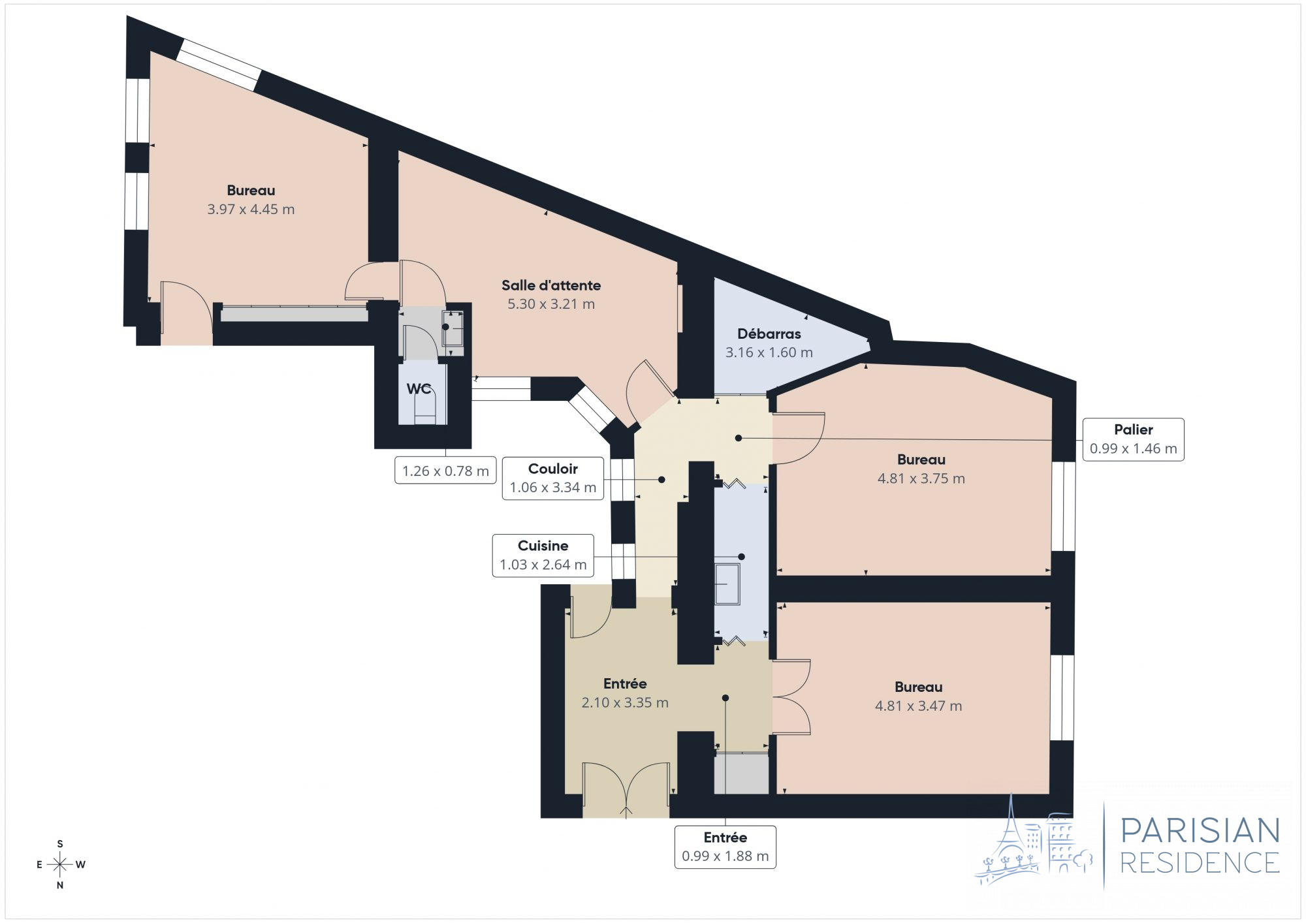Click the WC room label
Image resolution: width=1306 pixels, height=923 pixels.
pos(419,389)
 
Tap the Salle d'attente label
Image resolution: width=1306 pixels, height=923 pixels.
pos(551,285)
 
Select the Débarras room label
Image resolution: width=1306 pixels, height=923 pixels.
pos(769,334)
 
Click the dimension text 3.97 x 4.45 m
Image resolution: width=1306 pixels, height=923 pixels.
pos(251,210)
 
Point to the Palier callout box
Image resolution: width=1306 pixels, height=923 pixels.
pos(1133,439)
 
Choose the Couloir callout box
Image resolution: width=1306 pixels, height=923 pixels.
pos(552,478)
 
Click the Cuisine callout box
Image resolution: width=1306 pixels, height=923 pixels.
pos(543,555)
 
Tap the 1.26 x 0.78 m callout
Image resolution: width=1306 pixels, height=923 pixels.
pos(445,471)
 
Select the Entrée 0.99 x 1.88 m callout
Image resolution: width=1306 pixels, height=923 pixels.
pos(725,847)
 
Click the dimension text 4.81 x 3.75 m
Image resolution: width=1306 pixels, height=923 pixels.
pos(921,478)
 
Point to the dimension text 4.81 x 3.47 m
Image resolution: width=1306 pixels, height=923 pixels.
pos(918,706)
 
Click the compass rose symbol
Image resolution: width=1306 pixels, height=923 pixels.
pos(60,865)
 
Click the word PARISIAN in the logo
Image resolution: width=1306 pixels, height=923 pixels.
pos(1200,831)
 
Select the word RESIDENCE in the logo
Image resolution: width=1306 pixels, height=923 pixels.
pos(1200,863)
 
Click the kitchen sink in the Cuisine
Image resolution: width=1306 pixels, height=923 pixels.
pos(727,584)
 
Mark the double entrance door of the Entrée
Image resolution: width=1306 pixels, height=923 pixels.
pos(626,789)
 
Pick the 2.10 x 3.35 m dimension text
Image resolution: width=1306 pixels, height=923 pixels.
pos(625,703)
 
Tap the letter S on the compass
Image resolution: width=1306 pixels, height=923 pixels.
pos(60,844)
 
